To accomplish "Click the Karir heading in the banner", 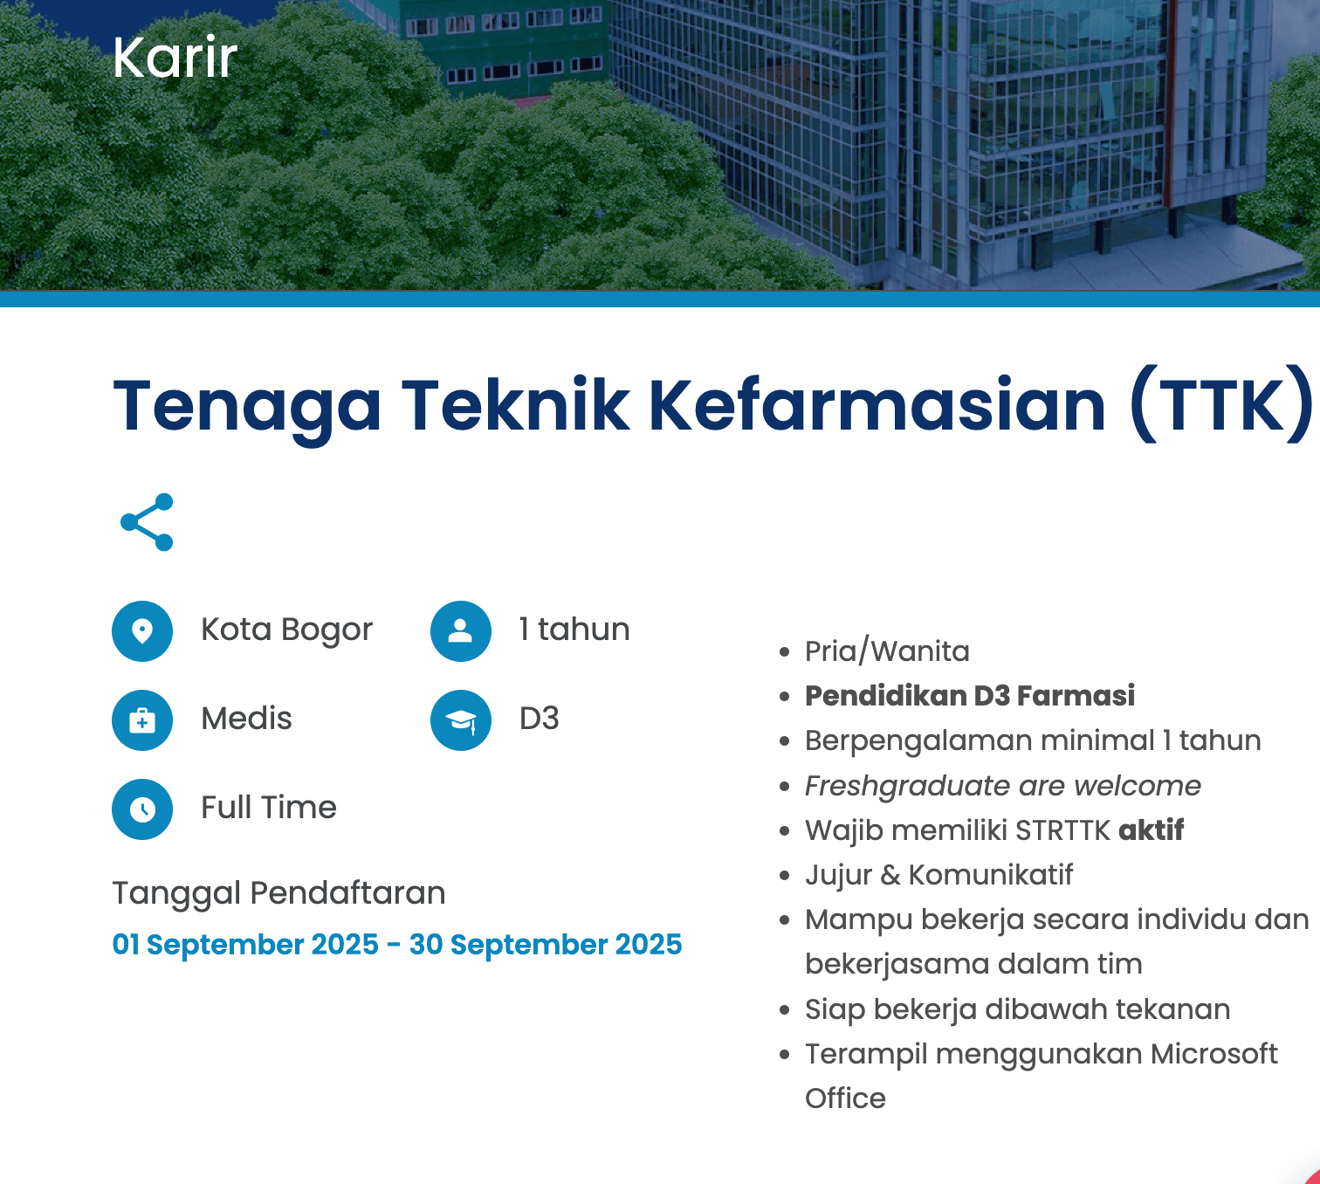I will [x=175, y=58].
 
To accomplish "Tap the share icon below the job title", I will [x=147, y=522].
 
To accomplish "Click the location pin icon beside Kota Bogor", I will [x=142, y=630].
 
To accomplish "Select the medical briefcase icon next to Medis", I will [x=142, y=720].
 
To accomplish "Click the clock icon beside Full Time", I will [x=142, y=809].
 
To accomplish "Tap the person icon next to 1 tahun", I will [x=460, y=630].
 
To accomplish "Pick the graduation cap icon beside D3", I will [x=460, y=720].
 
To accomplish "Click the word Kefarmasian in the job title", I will [x=877, y=405].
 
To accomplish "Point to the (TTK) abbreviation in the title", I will [x=1220, y=405].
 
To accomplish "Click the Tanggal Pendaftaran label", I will [x=278, y=893].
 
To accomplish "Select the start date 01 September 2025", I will [x=245, y=945].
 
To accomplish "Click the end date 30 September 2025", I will [x=546, y=945].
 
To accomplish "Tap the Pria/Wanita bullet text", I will [x=887, y=651].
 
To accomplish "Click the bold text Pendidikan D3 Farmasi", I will [x=970, y=696].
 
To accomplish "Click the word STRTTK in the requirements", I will [x=1062, y=830].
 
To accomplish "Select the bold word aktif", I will [x=1151, y=830].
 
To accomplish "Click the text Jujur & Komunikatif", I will [x=938, y=875].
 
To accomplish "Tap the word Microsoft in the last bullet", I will [x=1213, y=1054].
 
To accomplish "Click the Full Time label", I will [x=269, y=808].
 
